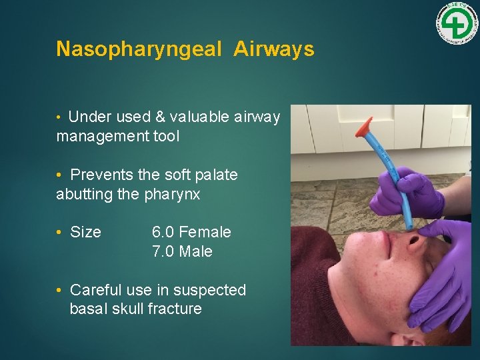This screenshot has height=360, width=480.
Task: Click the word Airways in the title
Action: [274, 49]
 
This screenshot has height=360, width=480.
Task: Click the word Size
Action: [85, 232]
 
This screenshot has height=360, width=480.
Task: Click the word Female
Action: [205, 232]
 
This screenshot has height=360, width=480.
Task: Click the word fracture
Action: [176, 309]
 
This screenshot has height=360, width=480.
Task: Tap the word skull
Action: [130, 309]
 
